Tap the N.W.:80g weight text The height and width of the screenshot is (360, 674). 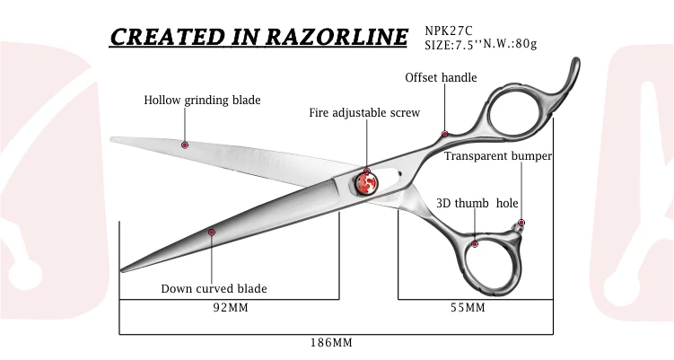point(513,43)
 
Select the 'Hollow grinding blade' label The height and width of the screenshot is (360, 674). point(202,101)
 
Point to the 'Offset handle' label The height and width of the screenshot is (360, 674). point(441,78)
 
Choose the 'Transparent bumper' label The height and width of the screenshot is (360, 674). point(498,156)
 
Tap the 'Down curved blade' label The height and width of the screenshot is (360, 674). point(214,289)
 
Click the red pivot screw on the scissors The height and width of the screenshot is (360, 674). point(367,183)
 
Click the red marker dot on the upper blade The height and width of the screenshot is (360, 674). point(185,145)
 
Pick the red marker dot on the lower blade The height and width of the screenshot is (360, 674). point(212,233)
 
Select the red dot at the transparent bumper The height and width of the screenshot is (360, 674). point(521,223)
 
